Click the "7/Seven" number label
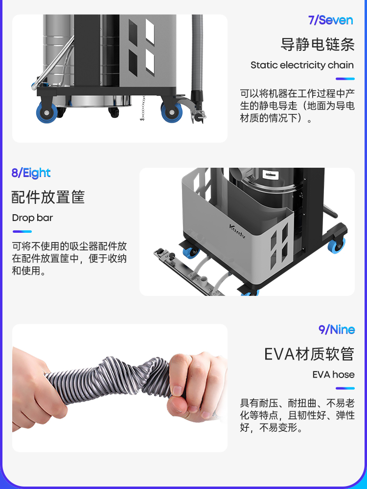(330, 20)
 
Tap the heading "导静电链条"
(318, 44)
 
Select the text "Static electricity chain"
(302, 65)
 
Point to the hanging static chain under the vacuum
(143, 108)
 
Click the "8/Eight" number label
(31, 173)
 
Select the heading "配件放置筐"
(48, 197)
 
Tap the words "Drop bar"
(32, 218)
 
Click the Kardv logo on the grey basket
(237, 231)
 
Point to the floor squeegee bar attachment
(189, 272)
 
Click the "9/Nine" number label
(337, 330)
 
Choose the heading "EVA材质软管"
(309, 354)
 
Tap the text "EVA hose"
(333, 374)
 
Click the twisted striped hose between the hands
(109, 380)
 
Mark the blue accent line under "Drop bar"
(22, 231)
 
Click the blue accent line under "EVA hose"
(345, 388)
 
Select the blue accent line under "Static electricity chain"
(345, 79)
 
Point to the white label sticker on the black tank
(270, 175)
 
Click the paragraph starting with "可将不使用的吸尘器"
(69, 259)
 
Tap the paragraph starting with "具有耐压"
(297, 415)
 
